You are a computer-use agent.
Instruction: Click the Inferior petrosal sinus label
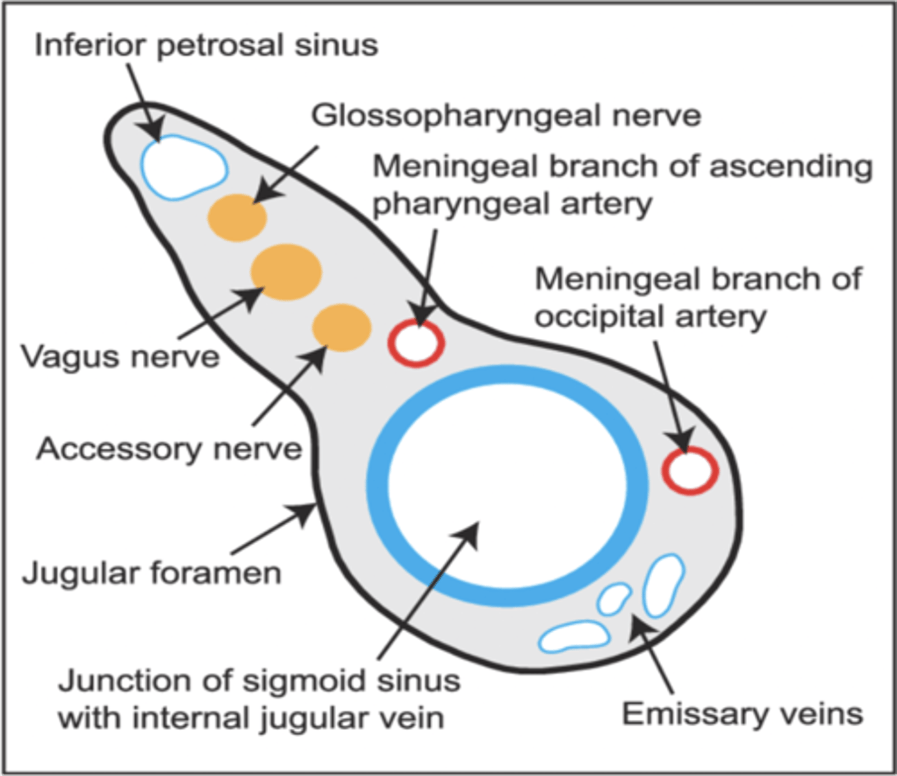(206, 45)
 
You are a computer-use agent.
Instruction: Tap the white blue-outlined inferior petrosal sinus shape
(184, 167)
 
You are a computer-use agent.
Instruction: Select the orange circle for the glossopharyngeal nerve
(237, 217)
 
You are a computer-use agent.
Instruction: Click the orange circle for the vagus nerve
(286, 272)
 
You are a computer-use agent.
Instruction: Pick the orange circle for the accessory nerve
(341, 328)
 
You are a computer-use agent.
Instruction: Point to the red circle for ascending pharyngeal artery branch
(416, 343)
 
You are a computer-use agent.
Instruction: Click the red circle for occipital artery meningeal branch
(690, 470)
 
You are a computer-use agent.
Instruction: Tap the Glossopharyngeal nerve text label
(506, 116)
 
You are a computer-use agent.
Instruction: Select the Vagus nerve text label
(120, 356)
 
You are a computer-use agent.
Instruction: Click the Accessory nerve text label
(169, 448)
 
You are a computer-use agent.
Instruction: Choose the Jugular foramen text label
(152, 573)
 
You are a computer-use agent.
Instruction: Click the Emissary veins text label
(742, 714)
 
